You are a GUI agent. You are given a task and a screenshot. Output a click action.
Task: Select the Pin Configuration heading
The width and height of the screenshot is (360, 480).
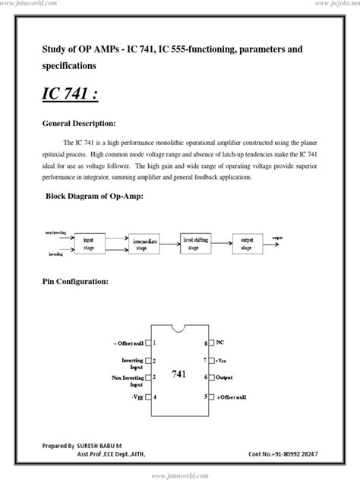click(x=76, y=282)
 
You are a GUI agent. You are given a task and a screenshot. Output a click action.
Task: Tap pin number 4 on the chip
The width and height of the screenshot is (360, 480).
click(x=155, y=396)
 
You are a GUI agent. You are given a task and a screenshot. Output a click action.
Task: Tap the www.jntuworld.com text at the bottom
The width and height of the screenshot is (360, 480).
click(x=180, y=475)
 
